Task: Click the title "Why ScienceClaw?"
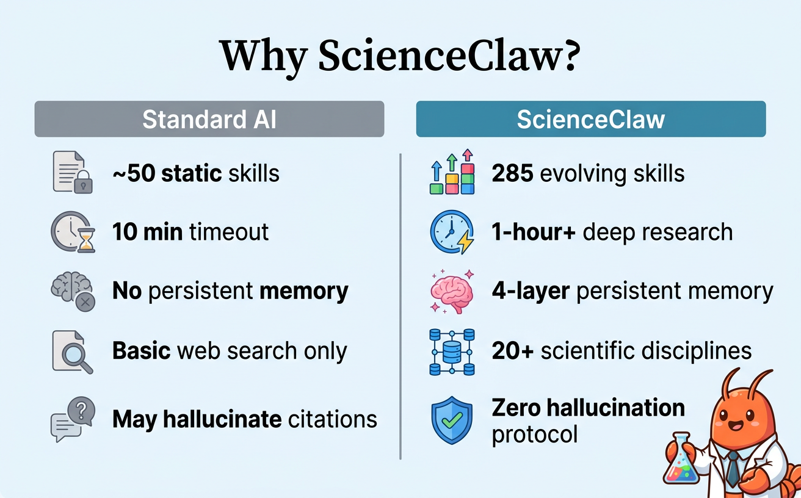coord(399,56)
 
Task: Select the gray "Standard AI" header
coord(209,119)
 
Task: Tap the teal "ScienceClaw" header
coord(590,119)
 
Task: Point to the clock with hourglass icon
coord(73,233)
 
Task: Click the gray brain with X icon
coord(73,291)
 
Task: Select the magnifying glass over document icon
coord(73,351)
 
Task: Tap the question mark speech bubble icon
coord(73,419)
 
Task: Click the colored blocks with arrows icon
coord(452,172)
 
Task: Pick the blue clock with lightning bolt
coord(452,233)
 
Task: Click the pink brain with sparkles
coord(452,291)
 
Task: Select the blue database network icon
coord(452,352)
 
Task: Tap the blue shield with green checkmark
coord(452,420)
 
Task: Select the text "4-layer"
coord(530,291)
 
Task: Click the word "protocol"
coord(534,435)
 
